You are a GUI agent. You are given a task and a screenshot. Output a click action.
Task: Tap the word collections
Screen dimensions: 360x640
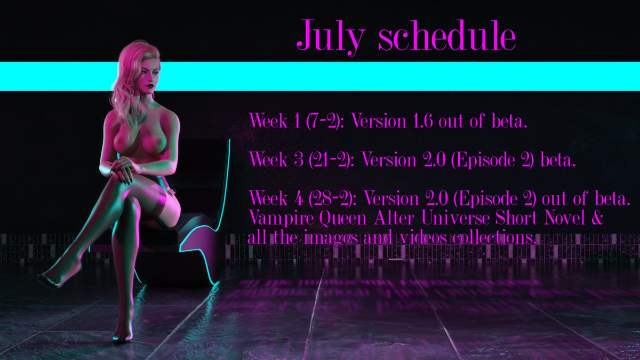click(x=490, y=237)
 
